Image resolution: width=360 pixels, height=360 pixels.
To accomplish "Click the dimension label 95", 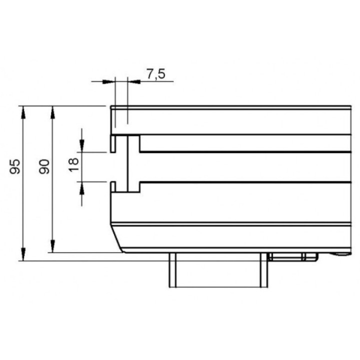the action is [15, 166].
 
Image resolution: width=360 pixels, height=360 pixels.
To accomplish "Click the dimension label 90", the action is [44, 166].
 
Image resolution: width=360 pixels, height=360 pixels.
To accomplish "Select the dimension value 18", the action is [74, 164].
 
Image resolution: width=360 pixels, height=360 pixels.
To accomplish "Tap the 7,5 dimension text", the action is [156, 74].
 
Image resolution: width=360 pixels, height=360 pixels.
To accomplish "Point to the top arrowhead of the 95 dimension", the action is [23, 112].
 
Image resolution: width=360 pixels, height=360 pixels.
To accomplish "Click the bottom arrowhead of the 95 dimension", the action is [23, 254].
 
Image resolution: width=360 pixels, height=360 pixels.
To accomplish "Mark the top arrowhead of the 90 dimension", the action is [52, 112].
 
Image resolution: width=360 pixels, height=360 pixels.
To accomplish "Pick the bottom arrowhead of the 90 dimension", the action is [52, 246].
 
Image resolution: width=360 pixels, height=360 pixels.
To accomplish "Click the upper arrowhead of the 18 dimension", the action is [82, 146].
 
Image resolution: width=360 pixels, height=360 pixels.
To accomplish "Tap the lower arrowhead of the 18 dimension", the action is [82, 188].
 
